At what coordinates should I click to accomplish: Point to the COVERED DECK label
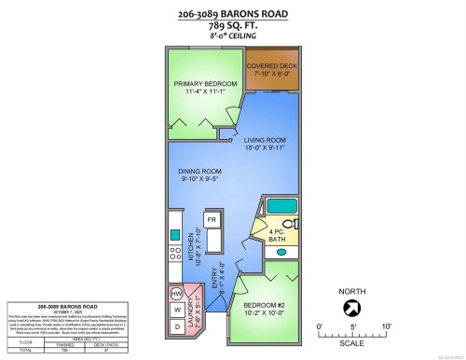tap(272, 71)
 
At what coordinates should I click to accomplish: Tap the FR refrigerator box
tap(212, 220)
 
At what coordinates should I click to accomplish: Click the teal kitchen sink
tap(173, 229)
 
